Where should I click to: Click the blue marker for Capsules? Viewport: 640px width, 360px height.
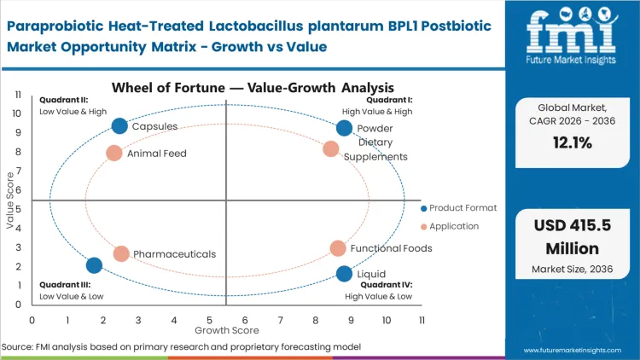coord(119,126)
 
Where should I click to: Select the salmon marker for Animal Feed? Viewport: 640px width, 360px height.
coord(114,154)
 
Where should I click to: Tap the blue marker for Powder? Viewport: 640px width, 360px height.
coord(344,128)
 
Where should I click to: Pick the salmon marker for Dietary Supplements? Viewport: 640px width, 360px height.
coord(331,149)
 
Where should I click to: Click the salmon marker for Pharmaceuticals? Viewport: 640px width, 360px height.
coord(121,254)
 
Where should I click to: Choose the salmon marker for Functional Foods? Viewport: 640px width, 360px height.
coord(338,248)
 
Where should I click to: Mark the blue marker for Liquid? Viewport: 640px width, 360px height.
coord(344,274)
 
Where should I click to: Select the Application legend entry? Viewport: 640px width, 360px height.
coord(453,226)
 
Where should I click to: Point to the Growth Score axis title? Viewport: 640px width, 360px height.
coord(227,329)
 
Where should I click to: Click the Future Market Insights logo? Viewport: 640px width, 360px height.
coord(569,39)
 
